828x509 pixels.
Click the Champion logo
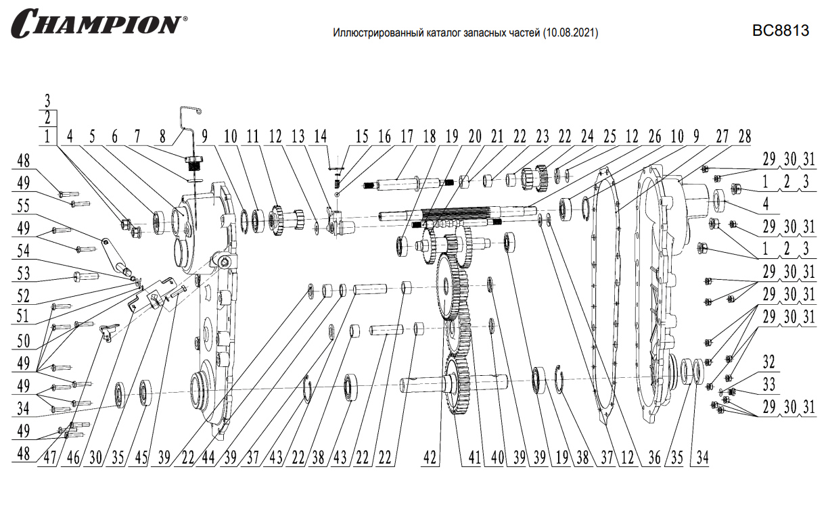point(97,24)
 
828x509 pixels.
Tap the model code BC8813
point(781,32)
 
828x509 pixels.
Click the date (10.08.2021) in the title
point(570,32)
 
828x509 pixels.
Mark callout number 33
point(768,385)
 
